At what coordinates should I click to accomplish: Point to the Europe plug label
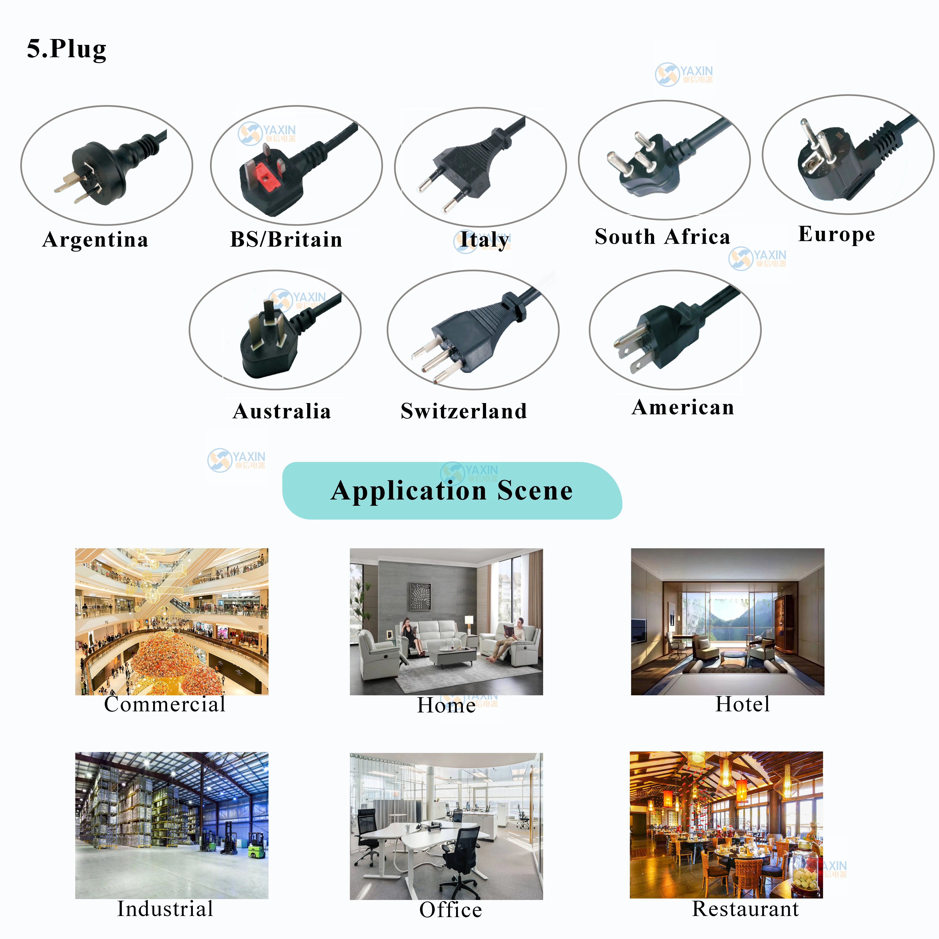[836, 234]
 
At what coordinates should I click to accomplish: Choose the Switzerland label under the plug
[464, 411]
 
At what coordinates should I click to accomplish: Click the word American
[683, 407]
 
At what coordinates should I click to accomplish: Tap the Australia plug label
[282, 411]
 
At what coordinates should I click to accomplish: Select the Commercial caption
[165, 704]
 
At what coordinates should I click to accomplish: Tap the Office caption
[451, 910]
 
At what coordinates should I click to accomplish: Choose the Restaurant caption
[745, 909]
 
